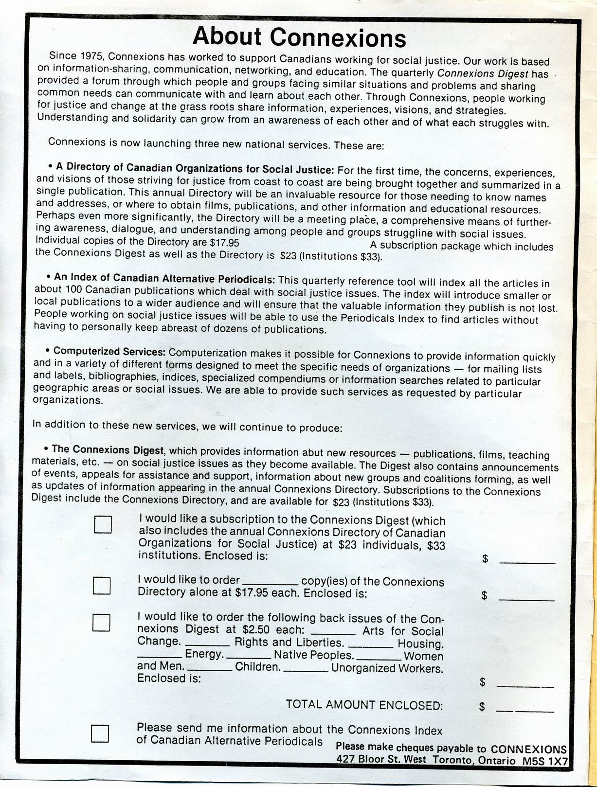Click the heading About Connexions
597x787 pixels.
(x=299, y=37)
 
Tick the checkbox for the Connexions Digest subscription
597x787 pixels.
(x=103, y=525)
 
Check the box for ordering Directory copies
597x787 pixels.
(x=102, y=586)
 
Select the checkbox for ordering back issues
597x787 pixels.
(x=101, y=622)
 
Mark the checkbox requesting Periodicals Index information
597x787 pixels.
(x=100, y=733)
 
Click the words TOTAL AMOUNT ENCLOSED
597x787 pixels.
(x=364, y=705)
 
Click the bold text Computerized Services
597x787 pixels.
(x=109, y=351)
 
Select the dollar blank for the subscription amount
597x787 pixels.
(x=527, y=562)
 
